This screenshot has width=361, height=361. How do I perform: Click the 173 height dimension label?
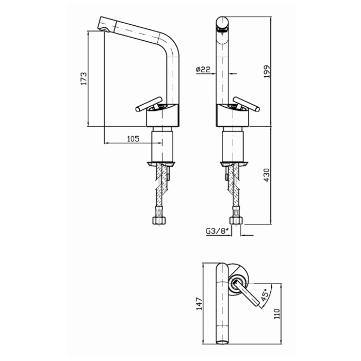pyautogui.click(x=83, y=78)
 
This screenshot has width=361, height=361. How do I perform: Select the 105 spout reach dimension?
pyautogui.click(x=134, y=139)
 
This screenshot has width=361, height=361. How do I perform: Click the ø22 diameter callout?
pyautogui.click(x=203, y=70)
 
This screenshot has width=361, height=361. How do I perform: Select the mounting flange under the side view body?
pyautogui.click(x=162, y=163)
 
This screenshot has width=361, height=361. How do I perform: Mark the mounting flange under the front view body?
pyautogui.click(x=235, y=163)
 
